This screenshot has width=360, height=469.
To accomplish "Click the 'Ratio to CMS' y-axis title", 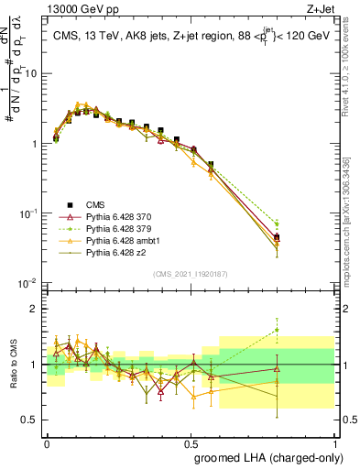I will (x=12, y=365).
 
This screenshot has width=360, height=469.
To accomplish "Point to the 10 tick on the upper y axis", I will (x=31, y=73).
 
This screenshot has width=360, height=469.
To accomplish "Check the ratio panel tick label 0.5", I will (x=31, y=420).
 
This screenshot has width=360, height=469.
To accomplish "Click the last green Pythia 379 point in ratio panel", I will (x=302, y=331).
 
